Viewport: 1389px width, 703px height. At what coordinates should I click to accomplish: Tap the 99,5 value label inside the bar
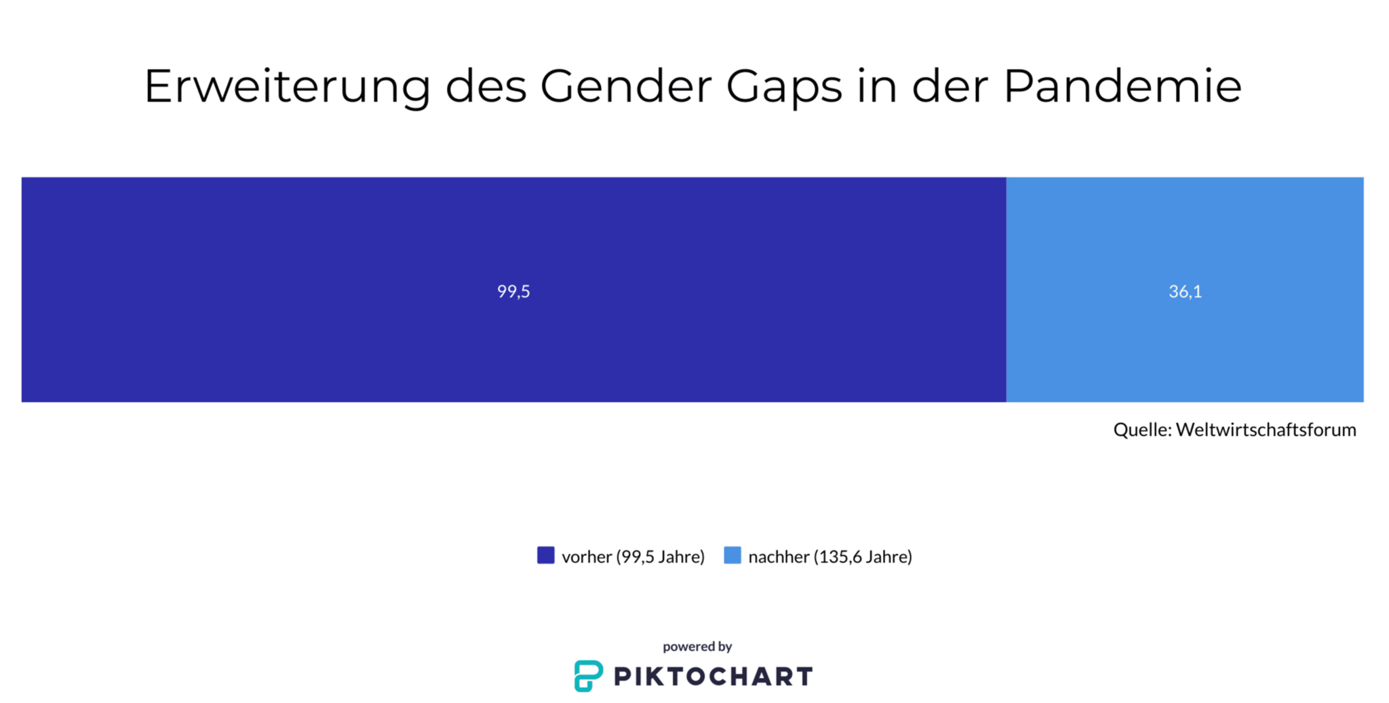coord(513,292)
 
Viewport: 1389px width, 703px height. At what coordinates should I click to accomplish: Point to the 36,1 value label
coord(1185,292)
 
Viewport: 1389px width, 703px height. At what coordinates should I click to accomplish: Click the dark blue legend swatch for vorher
coord(545,555)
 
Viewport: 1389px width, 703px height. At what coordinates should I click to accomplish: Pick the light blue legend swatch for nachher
coord(732,555)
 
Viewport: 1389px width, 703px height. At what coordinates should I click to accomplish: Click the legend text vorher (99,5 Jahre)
coord(633,557)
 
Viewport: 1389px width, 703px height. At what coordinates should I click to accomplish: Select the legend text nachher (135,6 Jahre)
coord(830,557)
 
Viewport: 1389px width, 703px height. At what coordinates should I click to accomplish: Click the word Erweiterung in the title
coord(288,87)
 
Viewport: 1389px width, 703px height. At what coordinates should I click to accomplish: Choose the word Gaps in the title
coord(783,87)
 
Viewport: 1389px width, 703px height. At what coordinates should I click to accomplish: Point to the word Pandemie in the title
coord(1122,87)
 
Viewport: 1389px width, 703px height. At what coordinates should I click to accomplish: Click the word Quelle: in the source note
coord(1142,430)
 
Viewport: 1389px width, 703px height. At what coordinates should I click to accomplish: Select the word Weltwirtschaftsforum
coord(1266,430)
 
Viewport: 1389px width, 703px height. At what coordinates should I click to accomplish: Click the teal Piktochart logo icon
coord(588,676)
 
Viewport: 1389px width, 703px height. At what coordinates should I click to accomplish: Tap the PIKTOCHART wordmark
coord(713,677)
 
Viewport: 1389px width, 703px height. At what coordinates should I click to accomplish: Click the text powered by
coord(697,647)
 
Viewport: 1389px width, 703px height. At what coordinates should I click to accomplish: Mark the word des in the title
coord(486,87)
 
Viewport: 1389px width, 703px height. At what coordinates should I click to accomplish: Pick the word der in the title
coord(950,87)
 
